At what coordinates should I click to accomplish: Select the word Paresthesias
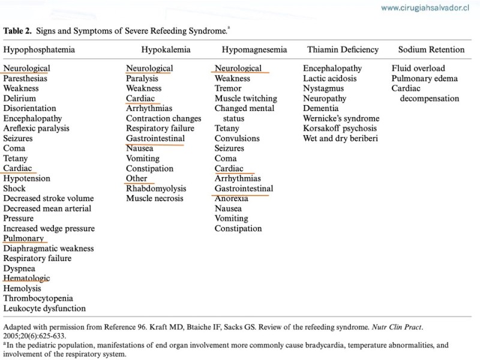(25, 78)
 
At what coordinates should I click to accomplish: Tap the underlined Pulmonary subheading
(23, 238)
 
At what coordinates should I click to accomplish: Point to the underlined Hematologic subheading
(26, 278)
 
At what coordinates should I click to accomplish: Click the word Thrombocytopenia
(38, 298)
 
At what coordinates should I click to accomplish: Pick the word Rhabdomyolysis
(157, 188)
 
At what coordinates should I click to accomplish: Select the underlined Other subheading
(137, 178)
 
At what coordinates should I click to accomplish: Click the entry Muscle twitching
(246, 98)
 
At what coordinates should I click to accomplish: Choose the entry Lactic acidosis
(329, 78)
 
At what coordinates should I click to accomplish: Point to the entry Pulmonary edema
(425, 78)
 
